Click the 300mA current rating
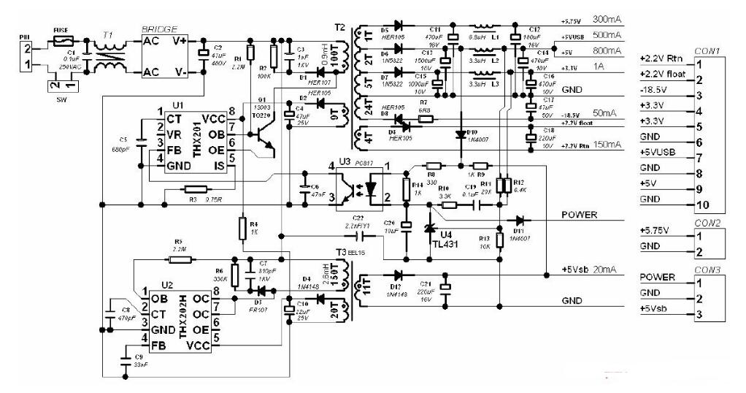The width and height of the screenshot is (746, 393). [x=608, y=19]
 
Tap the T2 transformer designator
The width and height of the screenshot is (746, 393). [x=339, y=27]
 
